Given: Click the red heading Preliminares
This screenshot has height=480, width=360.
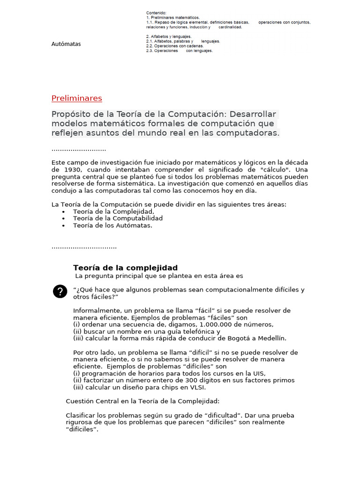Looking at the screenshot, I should [x=76, y=98].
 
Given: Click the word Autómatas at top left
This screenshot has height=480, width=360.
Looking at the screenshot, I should [x=66, y=44].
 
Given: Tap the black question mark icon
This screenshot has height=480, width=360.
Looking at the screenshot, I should [x=60, y=292].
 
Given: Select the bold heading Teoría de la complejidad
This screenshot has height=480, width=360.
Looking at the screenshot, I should [x=125, y=268].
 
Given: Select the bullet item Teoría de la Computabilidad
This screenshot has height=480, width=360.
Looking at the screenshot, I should [x=118, y=218].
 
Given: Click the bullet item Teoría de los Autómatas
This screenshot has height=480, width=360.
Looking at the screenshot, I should [x=112, y=225].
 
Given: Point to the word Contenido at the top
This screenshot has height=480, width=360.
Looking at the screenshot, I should [x=156, y=13].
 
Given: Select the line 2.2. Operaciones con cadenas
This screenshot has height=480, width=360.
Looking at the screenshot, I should [x=174, y=46].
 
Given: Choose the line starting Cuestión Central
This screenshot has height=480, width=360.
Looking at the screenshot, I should [x=142, y=401].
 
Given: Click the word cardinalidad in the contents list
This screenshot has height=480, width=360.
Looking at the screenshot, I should [x=230, y=27].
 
